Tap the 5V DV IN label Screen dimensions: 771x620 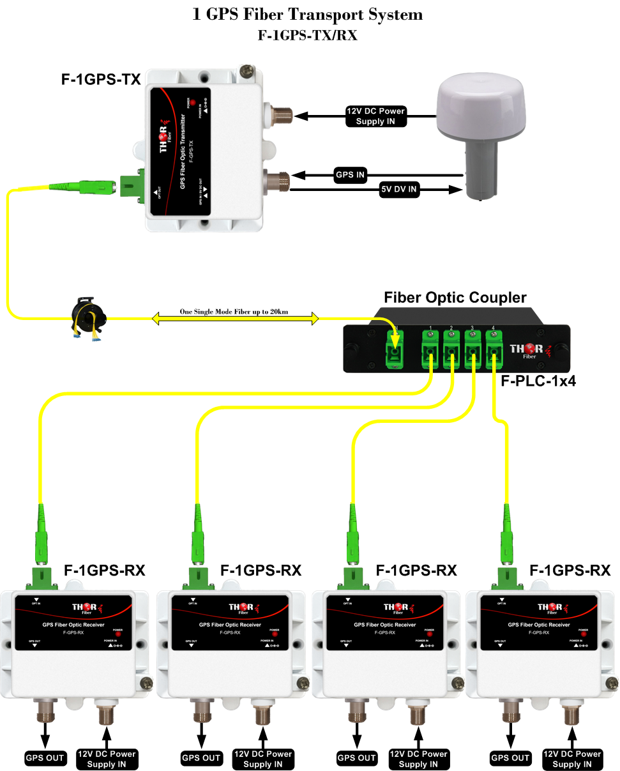point(400,190)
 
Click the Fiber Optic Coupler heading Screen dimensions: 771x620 point(455,298)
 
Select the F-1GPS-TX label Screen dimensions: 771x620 point(100,80)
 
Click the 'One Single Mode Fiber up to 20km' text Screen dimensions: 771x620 point(234,312)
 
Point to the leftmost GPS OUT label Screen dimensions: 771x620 point(45,758)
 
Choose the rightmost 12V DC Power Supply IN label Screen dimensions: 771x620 point(572,759)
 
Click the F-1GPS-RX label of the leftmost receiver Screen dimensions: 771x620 point(104,570)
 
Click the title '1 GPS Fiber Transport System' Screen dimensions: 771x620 point(307,15)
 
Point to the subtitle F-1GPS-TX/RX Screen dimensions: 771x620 point(307,36)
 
